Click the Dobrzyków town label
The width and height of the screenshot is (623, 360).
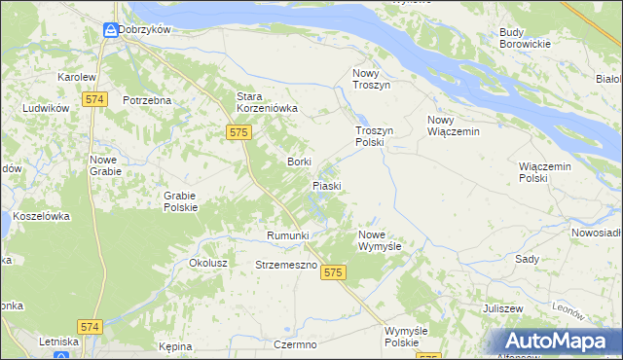click(145, 29)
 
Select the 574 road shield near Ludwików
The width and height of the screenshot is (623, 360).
click(94, 99)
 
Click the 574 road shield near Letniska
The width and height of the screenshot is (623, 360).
click(91, 327)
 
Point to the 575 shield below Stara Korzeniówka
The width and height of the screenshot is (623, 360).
click(238, 131)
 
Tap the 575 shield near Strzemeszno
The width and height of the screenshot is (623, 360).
click(333, 273)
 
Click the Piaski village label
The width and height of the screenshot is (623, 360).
click(326, 184)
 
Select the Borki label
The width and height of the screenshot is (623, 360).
click(298, 162)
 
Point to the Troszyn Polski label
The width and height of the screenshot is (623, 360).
click(374, 136)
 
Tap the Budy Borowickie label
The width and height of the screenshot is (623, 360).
click(525, 38)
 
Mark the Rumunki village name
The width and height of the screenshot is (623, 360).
click(287, 235)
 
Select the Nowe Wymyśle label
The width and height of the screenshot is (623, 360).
click(380, 240)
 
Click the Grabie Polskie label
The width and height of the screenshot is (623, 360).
click(180, 200)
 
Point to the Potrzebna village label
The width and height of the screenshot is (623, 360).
click(147, 100)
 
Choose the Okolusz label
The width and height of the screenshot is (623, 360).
click(208, 263)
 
